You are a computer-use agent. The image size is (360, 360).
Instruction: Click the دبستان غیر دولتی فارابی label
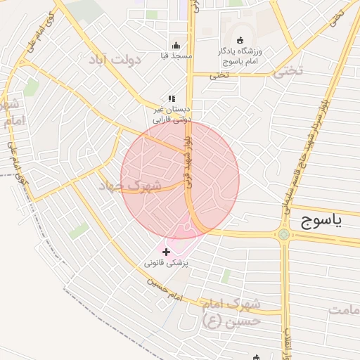coord(172,115)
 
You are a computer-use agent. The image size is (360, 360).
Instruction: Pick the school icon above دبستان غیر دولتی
coord(172,99)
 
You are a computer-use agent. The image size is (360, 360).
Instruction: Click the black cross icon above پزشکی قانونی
coord(166,251)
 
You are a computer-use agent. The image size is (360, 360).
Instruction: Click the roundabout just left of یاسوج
coord(283,234)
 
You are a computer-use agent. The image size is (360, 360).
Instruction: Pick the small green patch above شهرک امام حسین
coord(226,276)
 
